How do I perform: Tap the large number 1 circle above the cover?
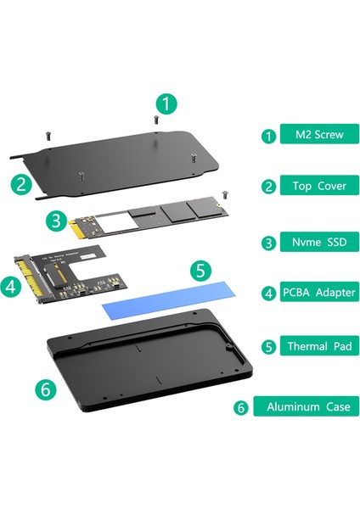click(169, 104)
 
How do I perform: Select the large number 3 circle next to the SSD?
click(56, 222)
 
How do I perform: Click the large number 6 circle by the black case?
click(47, 390)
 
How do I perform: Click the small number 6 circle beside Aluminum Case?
click(240, 407)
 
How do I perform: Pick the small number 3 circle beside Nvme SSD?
click(268, 242)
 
